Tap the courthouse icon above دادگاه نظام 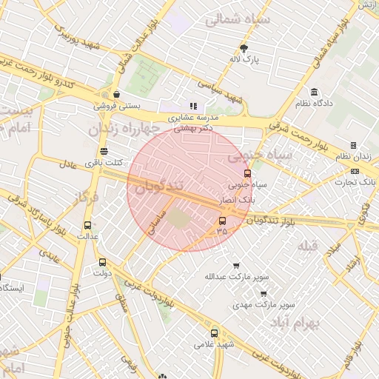[315, 93]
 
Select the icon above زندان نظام [353, 145]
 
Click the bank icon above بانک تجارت [355, 171]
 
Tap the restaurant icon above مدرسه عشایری [194, 107]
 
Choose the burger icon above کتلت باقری [103, 152]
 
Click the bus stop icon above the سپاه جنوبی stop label [247, 173]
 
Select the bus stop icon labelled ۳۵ [222, 221]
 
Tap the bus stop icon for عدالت [88, 226]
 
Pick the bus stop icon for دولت [102, 261]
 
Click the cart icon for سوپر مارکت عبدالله [236, 266]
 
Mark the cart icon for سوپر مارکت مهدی [263, 293]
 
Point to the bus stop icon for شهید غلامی [215, 333]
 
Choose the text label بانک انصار [238, 201]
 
